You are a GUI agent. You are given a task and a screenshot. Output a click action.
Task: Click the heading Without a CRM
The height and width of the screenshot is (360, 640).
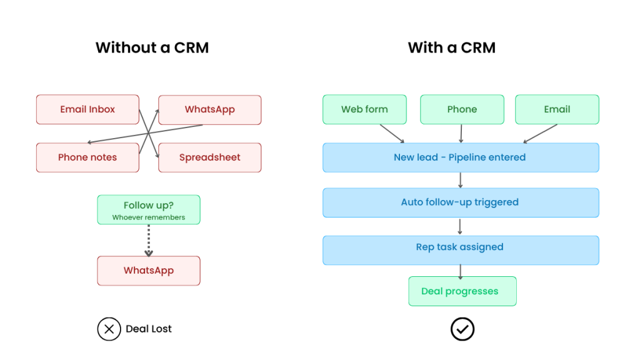(152, 47)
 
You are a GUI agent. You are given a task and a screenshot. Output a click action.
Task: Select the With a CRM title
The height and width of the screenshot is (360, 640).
(451, 47)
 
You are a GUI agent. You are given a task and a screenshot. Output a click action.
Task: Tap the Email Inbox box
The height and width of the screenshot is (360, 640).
(87, 109)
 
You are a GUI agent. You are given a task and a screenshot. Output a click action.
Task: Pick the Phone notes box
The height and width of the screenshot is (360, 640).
(87, 157)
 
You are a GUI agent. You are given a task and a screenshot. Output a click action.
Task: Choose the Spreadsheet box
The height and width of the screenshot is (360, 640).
(210, 157)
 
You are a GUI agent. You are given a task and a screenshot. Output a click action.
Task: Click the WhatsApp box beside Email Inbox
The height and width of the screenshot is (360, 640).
(210, 109)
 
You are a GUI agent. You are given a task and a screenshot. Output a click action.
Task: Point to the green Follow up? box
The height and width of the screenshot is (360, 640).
(149, 209)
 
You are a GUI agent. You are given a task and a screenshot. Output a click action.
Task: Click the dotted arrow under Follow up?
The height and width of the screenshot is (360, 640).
(149, 241)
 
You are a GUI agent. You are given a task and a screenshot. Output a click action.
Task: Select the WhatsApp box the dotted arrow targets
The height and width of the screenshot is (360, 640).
(149, 271)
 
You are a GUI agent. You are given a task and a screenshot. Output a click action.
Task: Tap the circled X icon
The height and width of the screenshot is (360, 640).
(109, 329)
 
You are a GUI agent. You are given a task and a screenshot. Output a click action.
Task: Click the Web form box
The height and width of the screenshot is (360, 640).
(364, 109)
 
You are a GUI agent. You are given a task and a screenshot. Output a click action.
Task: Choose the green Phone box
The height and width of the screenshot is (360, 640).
(462, 109)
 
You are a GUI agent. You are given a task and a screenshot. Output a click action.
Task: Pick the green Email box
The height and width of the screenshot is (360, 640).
(557, 109)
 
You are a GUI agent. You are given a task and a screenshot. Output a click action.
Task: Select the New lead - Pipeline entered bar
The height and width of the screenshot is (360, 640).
(461, 157)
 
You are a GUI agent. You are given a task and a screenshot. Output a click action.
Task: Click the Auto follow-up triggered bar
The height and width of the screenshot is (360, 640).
(461, 202)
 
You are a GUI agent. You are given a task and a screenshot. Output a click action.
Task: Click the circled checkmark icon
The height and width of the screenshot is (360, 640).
(462, 329)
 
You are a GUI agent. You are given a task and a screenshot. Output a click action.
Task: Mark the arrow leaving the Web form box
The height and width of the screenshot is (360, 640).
(392, 133)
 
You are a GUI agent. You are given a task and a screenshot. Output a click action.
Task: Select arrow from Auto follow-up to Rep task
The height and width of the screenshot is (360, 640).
(461, 226)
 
